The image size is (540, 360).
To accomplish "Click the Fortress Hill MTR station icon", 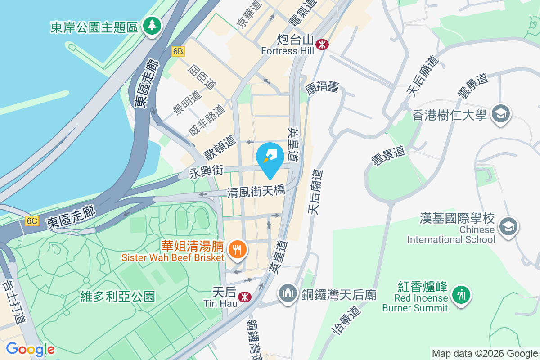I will (x=322, y=44).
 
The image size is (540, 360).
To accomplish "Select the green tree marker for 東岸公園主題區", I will (x=152, y=26).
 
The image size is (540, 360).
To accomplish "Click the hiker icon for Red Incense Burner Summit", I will (x=460, y=295).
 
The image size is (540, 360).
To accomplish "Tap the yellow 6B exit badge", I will (x=178, y=52).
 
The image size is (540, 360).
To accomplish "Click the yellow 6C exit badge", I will (x=32, y=221).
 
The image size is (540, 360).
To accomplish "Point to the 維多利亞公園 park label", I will (x=118, y=297).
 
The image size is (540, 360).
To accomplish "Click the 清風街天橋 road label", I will (x=256, y=192).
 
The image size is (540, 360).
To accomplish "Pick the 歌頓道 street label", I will (x=220, y=148).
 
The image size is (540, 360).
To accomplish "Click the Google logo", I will (x=30, y=349).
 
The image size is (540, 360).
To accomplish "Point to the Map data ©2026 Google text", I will (x=484, y=353).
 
